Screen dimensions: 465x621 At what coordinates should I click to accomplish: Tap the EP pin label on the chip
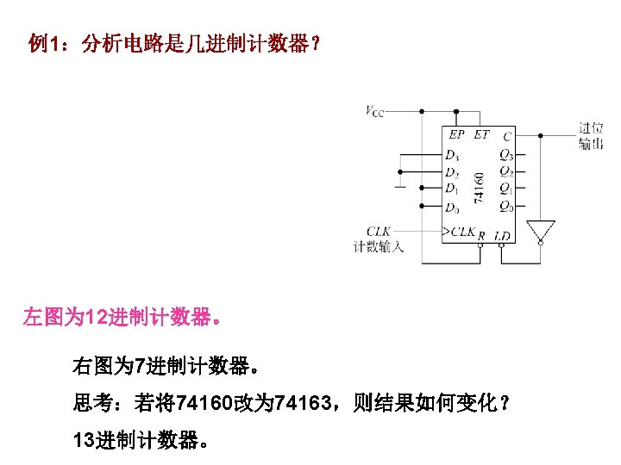pyautogui.click(x=456, y=134)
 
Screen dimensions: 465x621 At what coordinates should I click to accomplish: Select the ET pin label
pyautogui.click(x=480, y=134)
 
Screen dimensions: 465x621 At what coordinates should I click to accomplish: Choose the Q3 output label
pyautogui.click(x=505, y=156)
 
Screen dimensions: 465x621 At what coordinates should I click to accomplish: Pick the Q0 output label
pyautogui.click(x=505, y=207)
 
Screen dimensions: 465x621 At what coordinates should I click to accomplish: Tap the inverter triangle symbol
pyautogui.click(x=540, y=231)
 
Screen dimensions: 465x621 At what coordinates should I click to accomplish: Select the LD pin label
pyautogui.click(x=502, y=235)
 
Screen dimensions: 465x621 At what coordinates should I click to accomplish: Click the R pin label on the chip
pyautogui.click(x=480, y=235)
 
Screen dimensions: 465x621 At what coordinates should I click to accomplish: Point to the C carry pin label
pyautogui.click(x=507, y=134)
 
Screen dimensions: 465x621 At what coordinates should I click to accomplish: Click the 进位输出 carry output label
pyautogui.click(x=591, y=136)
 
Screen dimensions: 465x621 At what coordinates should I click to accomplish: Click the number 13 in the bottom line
pyautogui.click(x=85, y=442)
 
